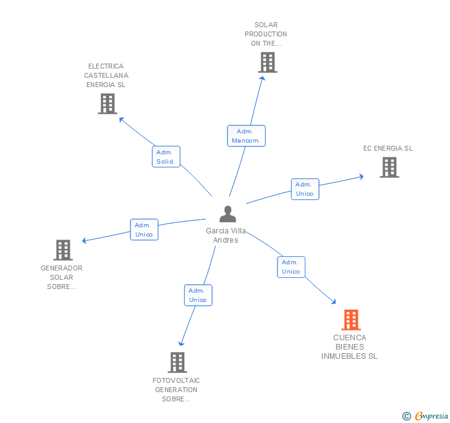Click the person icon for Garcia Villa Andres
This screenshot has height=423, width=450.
[227, 214]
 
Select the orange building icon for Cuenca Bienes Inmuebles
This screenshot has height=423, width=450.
[350, 320]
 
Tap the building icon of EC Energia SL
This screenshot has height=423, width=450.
[389, 167]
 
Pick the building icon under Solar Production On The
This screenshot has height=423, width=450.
[267, 62]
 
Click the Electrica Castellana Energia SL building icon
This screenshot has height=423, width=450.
[108, 104]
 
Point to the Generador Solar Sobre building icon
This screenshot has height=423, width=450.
[63, 250]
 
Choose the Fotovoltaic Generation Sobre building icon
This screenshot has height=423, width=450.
[177, 362]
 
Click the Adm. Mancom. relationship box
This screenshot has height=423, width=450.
[246, 136]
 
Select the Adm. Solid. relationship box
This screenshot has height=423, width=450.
[166, 157]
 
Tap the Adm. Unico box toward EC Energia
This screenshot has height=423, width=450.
[305, 189]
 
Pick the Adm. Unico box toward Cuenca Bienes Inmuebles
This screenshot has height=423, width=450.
[291, 267]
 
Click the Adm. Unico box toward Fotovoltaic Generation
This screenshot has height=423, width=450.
[198, 295]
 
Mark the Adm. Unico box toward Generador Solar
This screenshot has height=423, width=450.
[144, 230]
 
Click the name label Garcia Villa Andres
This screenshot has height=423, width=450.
[226, 235]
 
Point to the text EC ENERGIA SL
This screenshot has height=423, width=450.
[388, 148]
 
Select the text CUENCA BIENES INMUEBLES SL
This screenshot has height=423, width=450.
[349, 346]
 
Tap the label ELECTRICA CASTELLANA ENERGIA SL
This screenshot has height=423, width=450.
[105, 75]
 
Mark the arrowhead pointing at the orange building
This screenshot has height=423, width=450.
[334, 302]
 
